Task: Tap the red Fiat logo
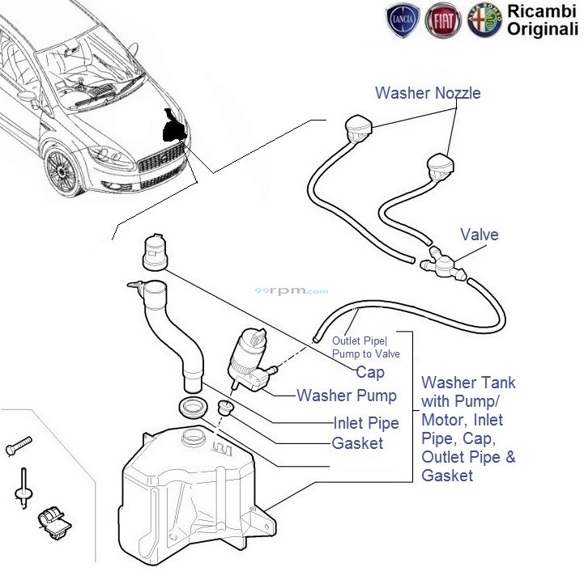click(x=446, y=19)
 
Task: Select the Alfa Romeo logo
click(x=484, y=19)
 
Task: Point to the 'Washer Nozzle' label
click(x=428, y=93)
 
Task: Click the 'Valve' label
click(x=480, y=235)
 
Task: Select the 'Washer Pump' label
click(x=347, y=396)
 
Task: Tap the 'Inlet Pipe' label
click(x=365, y=423)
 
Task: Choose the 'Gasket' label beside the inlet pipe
click(x=357, y=443)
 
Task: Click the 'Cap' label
click(x=369, y=373)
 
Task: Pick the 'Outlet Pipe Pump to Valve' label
click(x=365, y=347)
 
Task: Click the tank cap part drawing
click(x=154, y=253)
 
